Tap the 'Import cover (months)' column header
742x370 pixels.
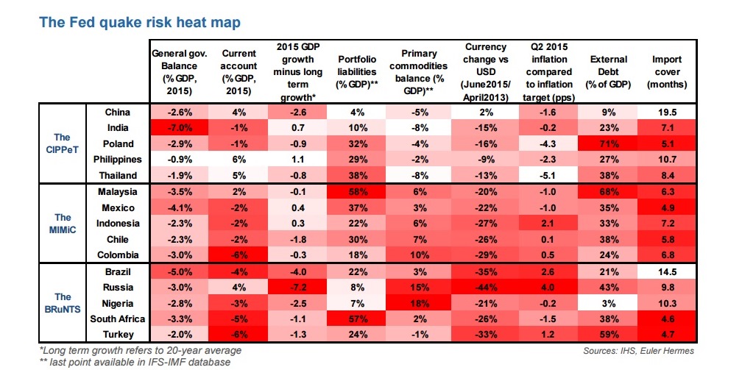tap(667, 71)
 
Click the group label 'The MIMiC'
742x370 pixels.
tap(63, 223)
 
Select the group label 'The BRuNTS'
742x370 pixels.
tap(63, 303)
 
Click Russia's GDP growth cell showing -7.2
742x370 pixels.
tap(298, 287)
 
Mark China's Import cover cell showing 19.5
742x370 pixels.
tap(667, 112)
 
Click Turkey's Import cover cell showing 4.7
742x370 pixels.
tap(667, 335)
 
